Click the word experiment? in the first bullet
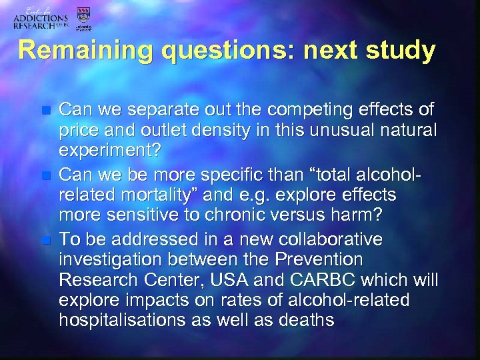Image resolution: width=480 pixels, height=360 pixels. point(110,151)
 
